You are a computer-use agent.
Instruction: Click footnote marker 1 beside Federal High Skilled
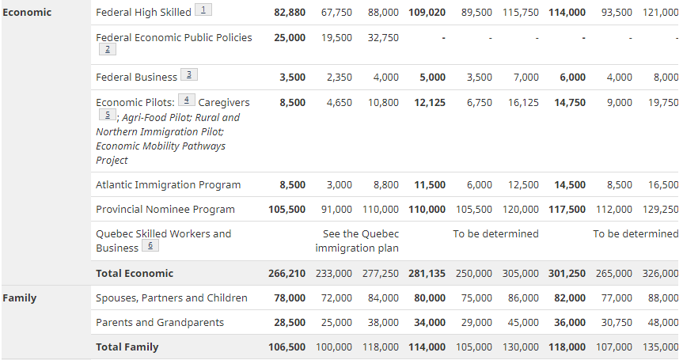203,10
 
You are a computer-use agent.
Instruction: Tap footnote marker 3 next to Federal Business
188,75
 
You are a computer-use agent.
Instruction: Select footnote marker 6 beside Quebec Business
149,246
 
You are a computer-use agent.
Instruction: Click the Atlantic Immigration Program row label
168,185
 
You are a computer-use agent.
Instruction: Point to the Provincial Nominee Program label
165,210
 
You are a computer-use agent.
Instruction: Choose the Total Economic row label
134,274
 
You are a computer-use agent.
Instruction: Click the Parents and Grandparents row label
159,323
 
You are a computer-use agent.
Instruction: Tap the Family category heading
19,298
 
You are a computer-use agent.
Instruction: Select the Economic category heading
27,13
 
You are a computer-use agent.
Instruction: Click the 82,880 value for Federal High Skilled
289,13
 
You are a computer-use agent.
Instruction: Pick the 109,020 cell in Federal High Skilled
427,13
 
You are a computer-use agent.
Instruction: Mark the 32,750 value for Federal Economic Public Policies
383,38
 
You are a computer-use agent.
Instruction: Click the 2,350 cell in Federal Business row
339,78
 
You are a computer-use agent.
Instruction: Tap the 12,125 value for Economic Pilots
429,103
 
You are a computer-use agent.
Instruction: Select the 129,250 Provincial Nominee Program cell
660,210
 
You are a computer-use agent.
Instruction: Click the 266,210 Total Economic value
286,274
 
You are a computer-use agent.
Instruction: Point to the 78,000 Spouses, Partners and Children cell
289,298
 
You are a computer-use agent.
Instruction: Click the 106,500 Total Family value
286,347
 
